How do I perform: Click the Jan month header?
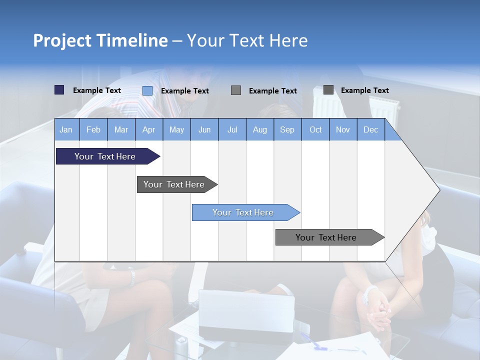pos(66,129)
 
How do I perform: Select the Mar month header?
pos(121,129)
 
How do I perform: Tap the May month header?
pos(176,129)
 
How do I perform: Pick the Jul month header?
pos(232,129)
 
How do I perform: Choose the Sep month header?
pos(287,129)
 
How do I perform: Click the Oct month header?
pos(315,129)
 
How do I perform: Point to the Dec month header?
pos(370,129)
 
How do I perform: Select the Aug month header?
pos(259,129)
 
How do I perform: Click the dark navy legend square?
pos(59,90)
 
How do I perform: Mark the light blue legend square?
pos(147,90)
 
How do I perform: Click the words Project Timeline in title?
pos(100,40)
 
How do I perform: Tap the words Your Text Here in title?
pos(247,40)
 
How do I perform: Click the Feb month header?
pos(93,129)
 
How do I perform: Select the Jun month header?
pos(204,129)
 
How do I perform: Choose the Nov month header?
pos(343,129)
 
